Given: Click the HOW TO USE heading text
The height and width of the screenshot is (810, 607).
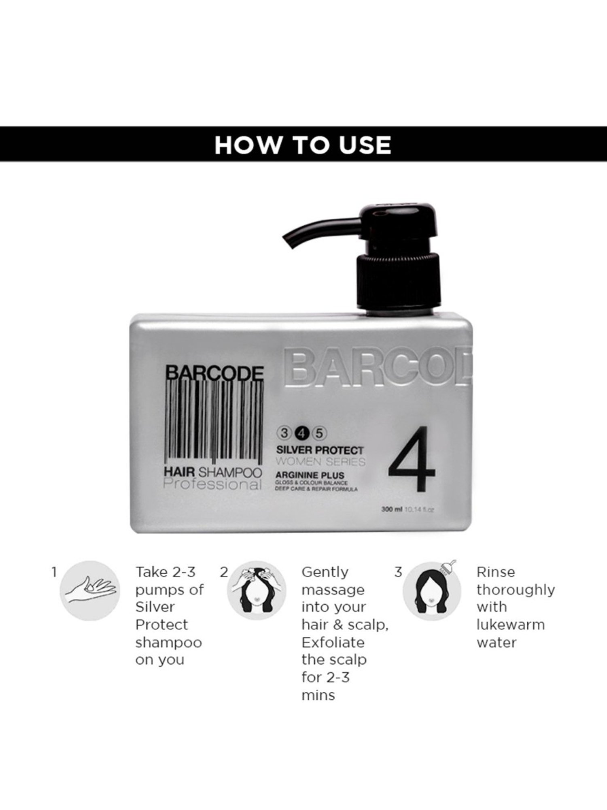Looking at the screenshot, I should pos(303,145).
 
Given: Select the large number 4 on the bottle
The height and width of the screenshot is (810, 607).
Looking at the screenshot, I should pos(412,459).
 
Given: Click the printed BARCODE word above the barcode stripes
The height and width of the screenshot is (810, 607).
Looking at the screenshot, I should pos(215,373).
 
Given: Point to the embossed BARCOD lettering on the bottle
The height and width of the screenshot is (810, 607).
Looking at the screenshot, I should pos(376,369).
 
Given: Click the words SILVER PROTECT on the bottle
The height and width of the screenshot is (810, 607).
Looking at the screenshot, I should pos(319,450).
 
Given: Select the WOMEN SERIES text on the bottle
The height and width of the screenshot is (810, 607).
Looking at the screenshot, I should pos(320,462).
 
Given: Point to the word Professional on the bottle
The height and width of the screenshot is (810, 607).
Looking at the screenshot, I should pos(213,484).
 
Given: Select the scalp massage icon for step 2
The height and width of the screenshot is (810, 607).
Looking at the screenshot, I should pos(256,590).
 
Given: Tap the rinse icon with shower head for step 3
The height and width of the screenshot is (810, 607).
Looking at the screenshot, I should pos(432,590).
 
